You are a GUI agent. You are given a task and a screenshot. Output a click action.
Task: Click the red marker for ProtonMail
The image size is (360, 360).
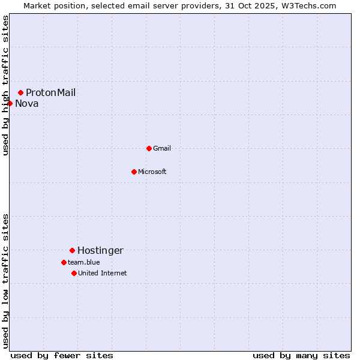[x=20, y=92]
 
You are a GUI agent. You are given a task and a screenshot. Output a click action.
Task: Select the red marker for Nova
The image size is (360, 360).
[x=10, y=103]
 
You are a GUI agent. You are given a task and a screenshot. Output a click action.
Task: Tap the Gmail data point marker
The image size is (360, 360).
[x=149, y=148]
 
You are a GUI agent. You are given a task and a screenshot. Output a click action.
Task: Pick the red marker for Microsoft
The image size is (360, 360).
[x=134, y=172]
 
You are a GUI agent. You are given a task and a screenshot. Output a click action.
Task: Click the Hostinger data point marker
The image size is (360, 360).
[x=72, y=250]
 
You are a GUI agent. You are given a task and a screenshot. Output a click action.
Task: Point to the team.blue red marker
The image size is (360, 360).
[x=64, y=262]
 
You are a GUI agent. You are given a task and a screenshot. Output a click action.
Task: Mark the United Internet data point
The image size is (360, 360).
[x=74, y=273]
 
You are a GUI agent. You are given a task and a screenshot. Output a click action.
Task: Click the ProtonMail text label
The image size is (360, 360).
[x=50, y=92]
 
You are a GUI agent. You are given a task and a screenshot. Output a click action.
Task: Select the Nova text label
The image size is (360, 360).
[x=27, y=103]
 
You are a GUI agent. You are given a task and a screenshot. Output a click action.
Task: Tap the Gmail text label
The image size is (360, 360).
[x=162, y=148]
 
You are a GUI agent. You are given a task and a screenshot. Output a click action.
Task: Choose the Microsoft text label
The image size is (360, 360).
[x=152, y=172]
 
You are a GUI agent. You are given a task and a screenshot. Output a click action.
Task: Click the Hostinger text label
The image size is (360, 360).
[x=100, y=250]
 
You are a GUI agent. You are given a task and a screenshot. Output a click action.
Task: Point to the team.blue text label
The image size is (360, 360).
[x=84, y=262]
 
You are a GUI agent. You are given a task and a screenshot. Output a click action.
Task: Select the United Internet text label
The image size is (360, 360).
[x=103, y=273]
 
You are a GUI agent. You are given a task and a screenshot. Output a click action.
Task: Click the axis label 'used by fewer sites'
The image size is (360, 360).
[x=62, y=355]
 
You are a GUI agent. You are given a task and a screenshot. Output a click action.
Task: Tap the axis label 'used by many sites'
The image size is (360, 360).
[x=301, y=355]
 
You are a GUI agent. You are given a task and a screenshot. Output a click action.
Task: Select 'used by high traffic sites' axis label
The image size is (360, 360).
[x=5, y=85]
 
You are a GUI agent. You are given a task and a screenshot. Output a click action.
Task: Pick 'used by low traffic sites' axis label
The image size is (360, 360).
[x=5, y=281]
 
